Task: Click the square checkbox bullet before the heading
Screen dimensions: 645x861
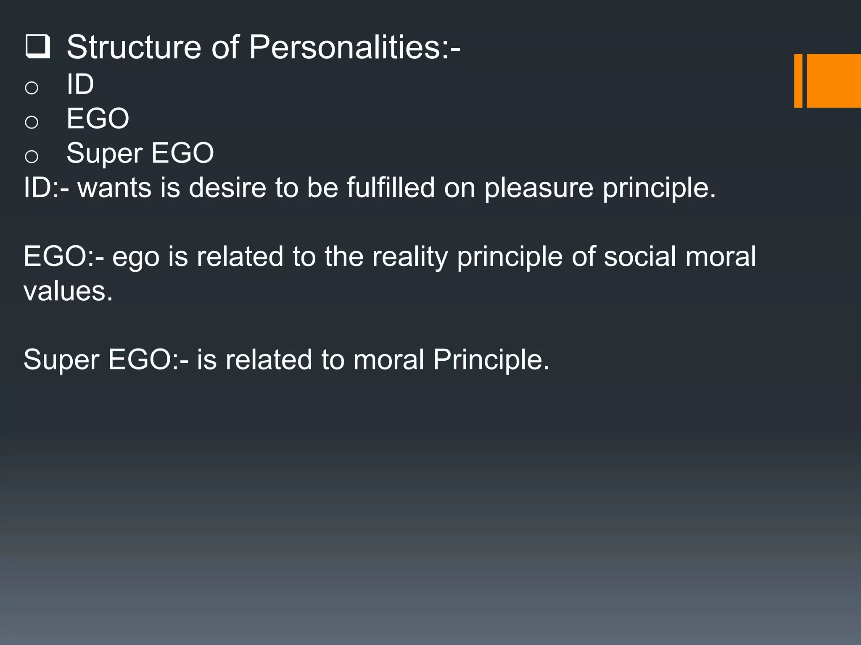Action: click(37, 47)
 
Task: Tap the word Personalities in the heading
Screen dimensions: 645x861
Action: click(345, 47)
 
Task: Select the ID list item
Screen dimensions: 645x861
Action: click(80, 84)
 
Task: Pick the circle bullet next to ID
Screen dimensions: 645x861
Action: click(32, 88)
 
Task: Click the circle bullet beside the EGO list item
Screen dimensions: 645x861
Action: click(32, 122)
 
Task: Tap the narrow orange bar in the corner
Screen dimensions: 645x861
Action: click(798, 81)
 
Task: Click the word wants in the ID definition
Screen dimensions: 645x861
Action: click(114, 188)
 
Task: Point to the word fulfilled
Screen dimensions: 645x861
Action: click(391, 188)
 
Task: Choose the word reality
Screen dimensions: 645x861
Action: click(409, 257)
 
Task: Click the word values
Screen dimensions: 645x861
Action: click(67, 291)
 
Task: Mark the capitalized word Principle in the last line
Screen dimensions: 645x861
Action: click(491, 360)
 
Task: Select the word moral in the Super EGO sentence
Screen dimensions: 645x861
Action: click(388, 360)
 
